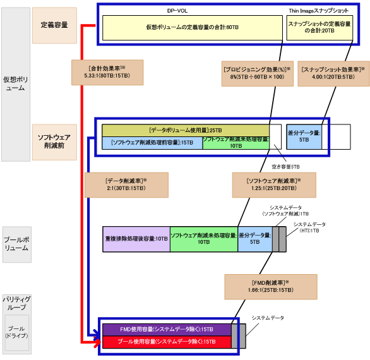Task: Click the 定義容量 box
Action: point(54,25)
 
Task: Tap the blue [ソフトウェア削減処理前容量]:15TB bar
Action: point(152,142)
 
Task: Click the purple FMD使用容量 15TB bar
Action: point(166,330)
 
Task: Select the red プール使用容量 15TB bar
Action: point(166,341)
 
